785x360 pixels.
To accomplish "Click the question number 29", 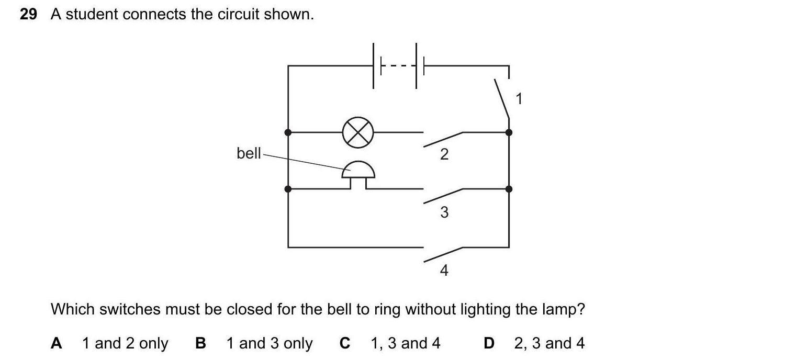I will [28, 15].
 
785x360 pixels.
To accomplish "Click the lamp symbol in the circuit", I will [358, 132].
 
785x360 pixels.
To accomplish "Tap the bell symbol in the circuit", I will [358, 173].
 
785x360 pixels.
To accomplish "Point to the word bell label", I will [249, 153].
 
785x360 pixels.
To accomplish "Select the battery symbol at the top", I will [398, 66].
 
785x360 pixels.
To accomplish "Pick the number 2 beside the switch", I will [444, 154].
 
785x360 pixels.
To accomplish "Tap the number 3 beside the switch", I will [444, 212].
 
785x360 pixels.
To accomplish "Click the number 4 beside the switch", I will [444, 271].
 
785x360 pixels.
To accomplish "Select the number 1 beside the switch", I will [519, 98].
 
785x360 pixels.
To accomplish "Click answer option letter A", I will [57, 343].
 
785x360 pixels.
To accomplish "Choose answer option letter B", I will [200, 343].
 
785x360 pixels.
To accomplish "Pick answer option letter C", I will [344, 343].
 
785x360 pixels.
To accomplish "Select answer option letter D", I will [489, 343].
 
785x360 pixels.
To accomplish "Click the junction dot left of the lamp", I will [288, 132].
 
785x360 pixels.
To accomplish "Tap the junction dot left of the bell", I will [288, 189].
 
